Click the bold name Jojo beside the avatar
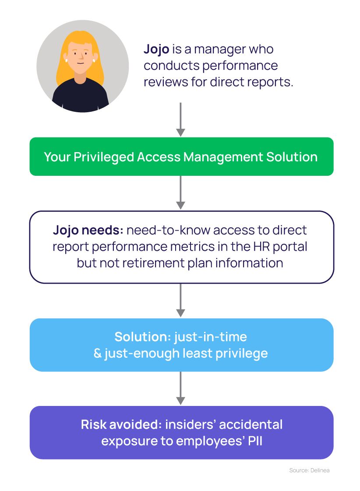point(156,49)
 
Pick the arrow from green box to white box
point(180,193)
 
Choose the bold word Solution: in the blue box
point(142,337)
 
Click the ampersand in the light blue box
point(98,353)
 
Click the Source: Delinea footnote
point(309,470)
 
